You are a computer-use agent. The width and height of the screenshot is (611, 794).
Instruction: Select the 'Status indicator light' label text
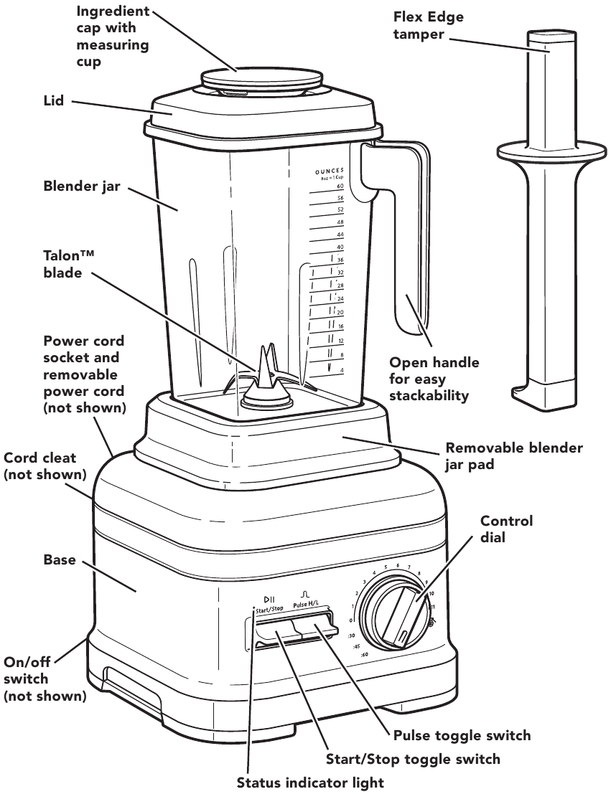310,782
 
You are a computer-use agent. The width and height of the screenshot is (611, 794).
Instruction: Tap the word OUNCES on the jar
330,170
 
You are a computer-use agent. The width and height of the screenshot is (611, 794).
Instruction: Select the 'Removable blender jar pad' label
514,456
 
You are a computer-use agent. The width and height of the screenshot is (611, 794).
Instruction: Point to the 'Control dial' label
506,529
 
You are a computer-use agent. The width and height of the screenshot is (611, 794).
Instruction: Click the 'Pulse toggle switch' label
462,735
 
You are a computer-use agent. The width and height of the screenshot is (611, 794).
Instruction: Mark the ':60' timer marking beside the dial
365,656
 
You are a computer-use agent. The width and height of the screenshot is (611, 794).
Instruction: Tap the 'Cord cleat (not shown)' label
45,466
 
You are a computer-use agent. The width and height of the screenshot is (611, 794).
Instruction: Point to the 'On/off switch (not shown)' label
45,679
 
